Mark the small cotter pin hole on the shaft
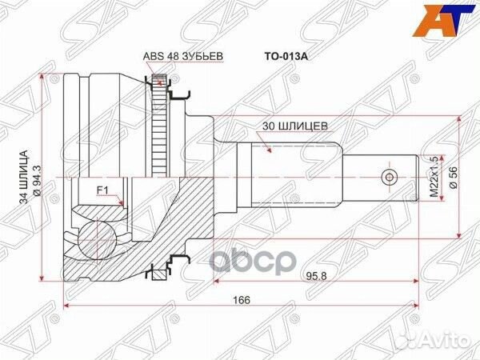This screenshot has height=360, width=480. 389,176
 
